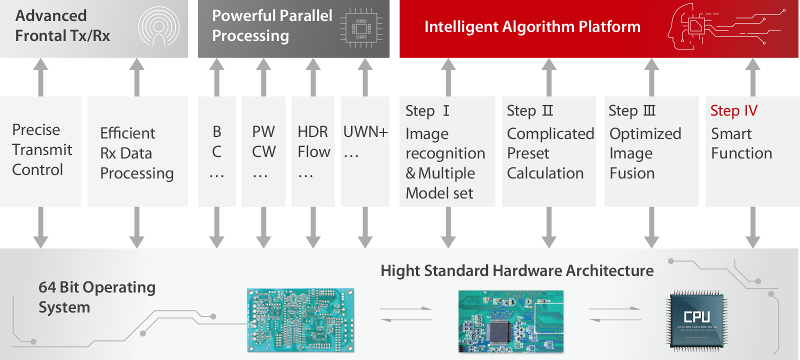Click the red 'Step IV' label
pos(733,110)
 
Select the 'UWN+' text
pos(365,132)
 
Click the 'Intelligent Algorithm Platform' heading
pos(532,27)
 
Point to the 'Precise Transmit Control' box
pos(40,151)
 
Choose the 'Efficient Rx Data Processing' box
pos(137,151)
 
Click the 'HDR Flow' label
pos(314,142)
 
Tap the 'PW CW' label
pos(263,142)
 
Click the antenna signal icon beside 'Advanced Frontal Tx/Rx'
pos(159,27)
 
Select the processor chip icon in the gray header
pos(361,27)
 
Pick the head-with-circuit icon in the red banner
pos(725,27)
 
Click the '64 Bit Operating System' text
pos(97,297)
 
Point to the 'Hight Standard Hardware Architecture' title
pos(517,270)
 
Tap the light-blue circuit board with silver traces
pos(300,320)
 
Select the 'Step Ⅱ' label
pos(530,110)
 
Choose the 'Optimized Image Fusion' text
pos(645,153)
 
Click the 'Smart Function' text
pos(741,143)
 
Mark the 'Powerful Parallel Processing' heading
pos(272,25)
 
